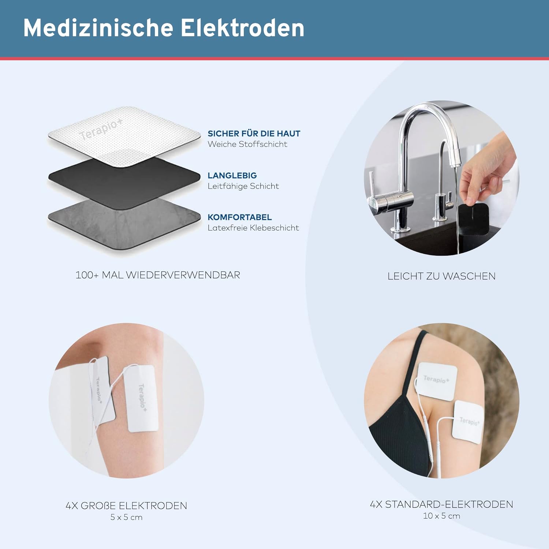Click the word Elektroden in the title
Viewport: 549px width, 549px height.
[x=242, y=28]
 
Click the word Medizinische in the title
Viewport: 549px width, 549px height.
[x=98, y=28]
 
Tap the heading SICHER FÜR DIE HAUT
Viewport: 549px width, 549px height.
[x=254, y=134]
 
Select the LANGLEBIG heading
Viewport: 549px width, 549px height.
[x=232, y=175]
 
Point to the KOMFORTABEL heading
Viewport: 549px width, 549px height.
[x=239, y=217]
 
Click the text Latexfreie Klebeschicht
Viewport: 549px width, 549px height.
[x=253, y=228]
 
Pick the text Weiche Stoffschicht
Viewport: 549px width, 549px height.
[x=247, y=144]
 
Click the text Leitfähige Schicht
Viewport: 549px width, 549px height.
[x=243, y=186]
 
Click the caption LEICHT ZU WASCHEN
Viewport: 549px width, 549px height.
[x=441, y=276]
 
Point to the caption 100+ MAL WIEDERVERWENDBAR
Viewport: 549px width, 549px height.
[x=158, y=275]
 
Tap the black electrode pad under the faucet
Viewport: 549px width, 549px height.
[x=474, y=220]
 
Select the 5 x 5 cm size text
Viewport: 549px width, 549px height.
[x=126, y=517]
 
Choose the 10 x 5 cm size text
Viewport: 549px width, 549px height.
[x=441, y=516]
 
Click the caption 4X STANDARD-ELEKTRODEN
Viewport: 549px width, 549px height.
[x=441, y=504]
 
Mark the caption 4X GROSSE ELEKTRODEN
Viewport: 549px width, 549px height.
[x=126, y=505]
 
